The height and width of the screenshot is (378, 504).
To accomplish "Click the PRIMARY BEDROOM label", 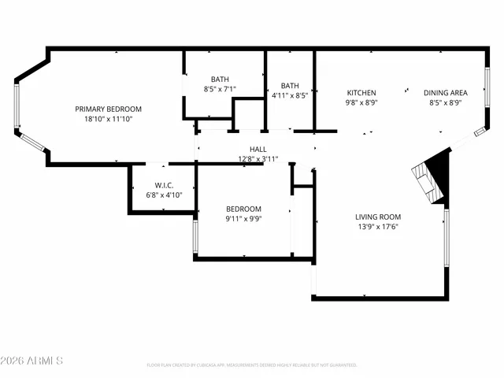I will [x=108, y=109].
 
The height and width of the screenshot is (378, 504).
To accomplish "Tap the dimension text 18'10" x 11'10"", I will [x=108, y=119].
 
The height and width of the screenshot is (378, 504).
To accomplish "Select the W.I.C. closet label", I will [x=164, y=185].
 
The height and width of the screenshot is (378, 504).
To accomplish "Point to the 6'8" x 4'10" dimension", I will [x=164, y=195].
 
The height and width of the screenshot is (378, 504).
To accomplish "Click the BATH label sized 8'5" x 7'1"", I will [x=220, y=79].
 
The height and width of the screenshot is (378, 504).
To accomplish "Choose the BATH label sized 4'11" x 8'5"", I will [x=290, y=86].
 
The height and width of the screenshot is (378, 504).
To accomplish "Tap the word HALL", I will [x=258, y=149].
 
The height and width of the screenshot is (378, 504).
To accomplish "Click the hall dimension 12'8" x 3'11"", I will [x=258, y=158].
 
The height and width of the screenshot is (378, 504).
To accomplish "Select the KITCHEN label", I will [x=361, y=93].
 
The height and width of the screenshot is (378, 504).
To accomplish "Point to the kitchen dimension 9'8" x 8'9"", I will [x=361, y=102].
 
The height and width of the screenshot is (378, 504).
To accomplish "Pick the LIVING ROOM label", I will [x=378, y=217].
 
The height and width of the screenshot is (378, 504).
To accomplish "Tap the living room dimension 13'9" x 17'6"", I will [x=378, y=228].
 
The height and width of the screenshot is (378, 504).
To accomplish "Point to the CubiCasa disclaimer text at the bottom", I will [x=252, y=365].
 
